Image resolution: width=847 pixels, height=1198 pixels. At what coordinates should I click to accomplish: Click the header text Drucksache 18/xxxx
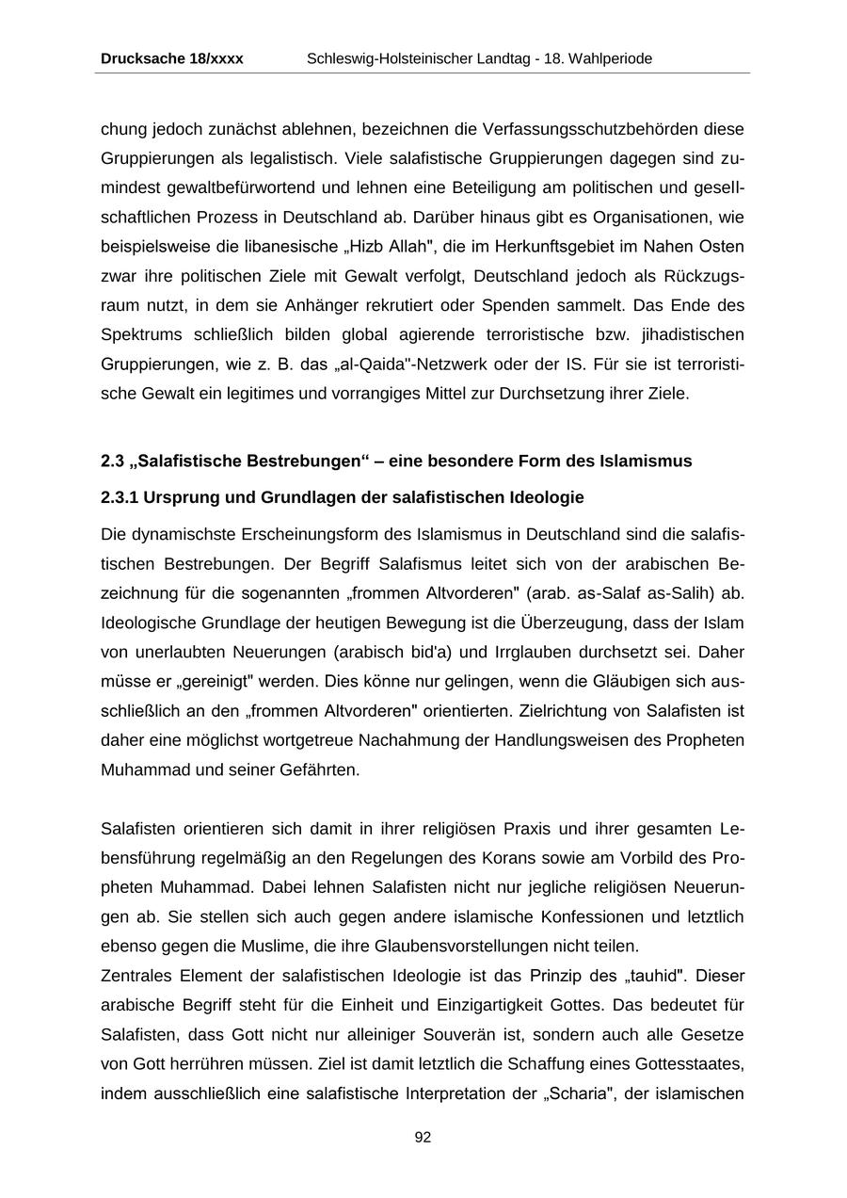pyautogui.click(x=171, y=58)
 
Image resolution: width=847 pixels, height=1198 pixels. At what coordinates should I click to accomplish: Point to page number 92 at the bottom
pyautogui.click(x=423, y=1138)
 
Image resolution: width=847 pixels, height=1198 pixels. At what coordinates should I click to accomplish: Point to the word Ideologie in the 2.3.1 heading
pyautogui.click(x=548, y=497)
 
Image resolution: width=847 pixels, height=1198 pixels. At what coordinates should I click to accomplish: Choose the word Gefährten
pyautogui.click(x=313, y=769)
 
